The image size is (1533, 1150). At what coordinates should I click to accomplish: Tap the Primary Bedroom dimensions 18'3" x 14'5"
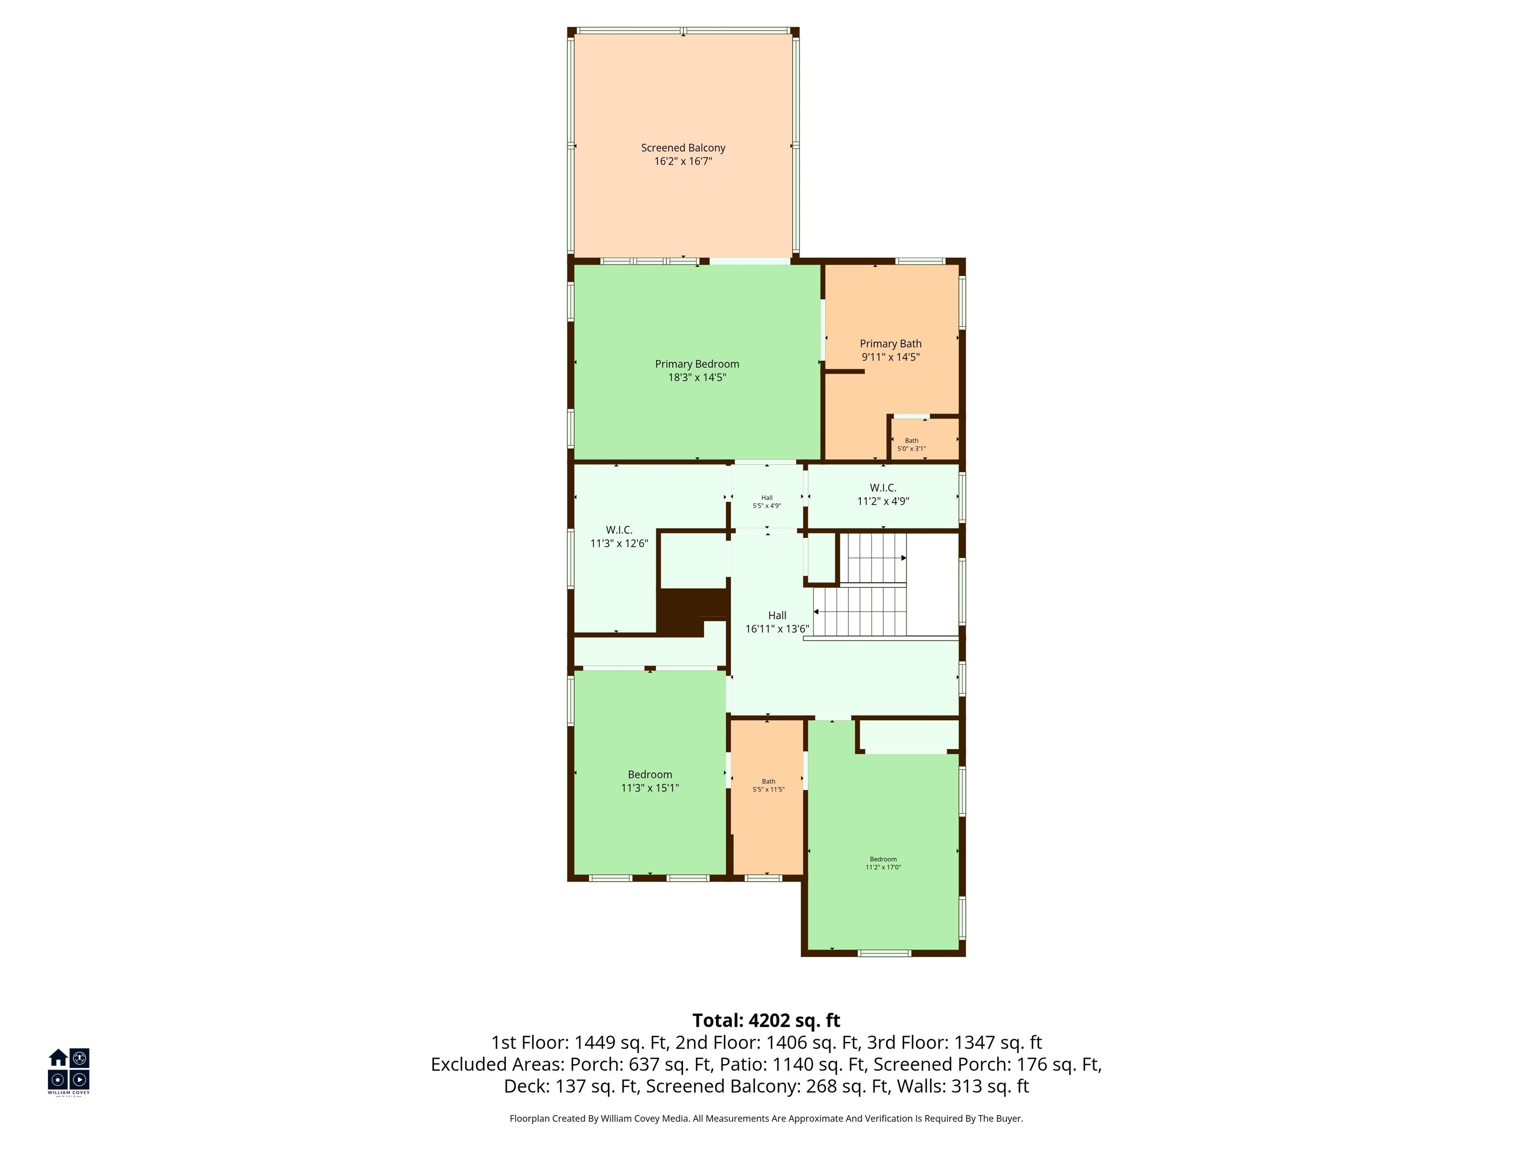tap(697, 378)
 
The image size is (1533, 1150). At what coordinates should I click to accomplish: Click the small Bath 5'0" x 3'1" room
tap(925, 439)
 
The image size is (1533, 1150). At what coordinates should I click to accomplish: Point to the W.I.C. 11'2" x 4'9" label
tap(883, 494)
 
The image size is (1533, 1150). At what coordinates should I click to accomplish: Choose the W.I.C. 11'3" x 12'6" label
tap(619, 537)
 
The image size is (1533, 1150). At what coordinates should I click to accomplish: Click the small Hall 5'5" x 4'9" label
tap(766, 502)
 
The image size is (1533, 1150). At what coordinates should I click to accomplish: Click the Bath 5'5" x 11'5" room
tap(768, 797)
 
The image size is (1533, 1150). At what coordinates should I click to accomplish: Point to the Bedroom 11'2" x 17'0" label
tap(883, 863)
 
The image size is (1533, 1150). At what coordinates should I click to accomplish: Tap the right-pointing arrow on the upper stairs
tap(904, 558)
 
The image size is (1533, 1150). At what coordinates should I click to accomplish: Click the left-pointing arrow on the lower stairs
tap(816, 612)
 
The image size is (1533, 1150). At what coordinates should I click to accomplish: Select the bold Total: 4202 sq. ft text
tap(766, 1020)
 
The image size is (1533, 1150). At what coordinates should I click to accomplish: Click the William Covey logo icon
tap(68, 1070)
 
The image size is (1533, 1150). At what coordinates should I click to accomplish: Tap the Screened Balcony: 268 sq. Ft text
tap(767, 1086)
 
